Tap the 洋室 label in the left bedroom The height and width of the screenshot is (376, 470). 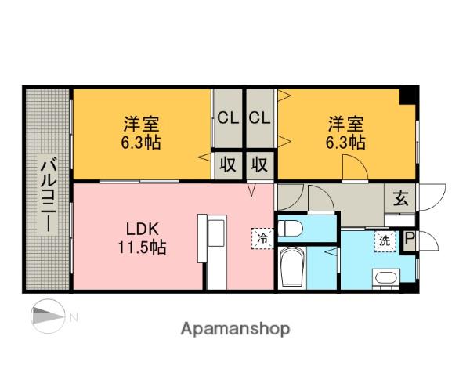pyautogui.click(x=142, y=124)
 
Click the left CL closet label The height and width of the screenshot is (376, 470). pyautogui.click(x=228, y=118)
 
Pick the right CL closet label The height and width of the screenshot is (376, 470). pyautogui.click(x=260, y=118)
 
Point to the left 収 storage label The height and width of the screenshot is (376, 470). pyautogui.click(x=228, y=164)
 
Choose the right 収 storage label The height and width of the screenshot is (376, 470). pyautogui.click(x=260, y=164)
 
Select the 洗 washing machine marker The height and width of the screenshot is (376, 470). pyautogui.click(x=386, y=240)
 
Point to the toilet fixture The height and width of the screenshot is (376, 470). pyautogui.click(x=291, y=228)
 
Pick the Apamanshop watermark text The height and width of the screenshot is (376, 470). pyautogui.click(x=236, y=328)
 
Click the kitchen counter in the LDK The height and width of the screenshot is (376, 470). pyautogui.click(x=212, y=248)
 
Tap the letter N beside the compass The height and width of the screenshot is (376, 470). pyautogui.click(x=74, y=317)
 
